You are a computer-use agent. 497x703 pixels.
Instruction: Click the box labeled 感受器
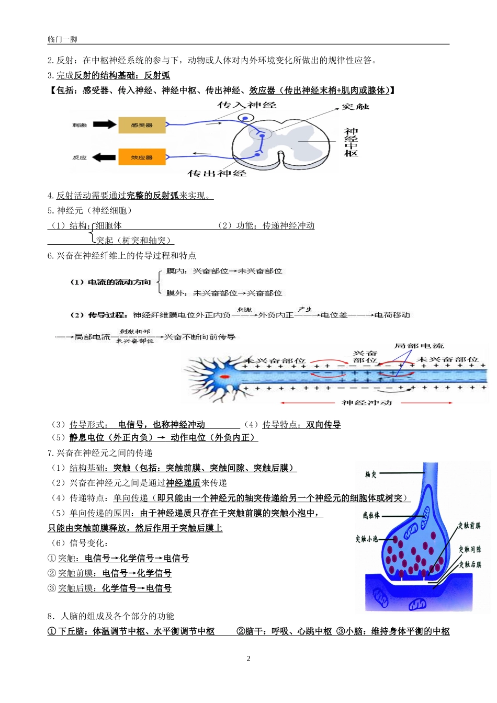coord(142,126)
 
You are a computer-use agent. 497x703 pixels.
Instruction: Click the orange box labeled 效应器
coord(142,157)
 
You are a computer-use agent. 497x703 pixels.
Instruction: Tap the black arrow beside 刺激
coord(105,124)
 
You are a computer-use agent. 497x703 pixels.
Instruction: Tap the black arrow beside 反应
coord(105,157)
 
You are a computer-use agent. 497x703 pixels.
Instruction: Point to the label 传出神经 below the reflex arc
coord(217,173)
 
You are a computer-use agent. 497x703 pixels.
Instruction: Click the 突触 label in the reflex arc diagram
coord(355,107)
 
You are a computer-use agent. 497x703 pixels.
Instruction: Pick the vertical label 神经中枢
coord(351,142)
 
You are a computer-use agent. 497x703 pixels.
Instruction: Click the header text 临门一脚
coord(62,39)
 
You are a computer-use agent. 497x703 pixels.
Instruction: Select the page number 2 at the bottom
coord(249,659)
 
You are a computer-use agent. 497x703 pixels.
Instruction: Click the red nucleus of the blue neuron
coord(225,377)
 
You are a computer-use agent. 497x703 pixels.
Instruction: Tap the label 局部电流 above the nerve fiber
coord(419,346)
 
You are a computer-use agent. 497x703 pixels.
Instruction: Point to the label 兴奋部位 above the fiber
coord(365,357)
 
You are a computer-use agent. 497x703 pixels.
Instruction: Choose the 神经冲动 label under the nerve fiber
coord(367,403)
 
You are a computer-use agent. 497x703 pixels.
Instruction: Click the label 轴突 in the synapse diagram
coord(371,475)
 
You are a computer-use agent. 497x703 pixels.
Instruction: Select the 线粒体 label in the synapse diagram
coord(371,516)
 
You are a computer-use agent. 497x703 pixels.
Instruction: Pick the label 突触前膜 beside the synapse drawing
coord(469,526)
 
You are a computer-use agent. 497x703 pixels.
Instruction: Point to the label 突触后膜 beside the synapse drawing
coord(470,564)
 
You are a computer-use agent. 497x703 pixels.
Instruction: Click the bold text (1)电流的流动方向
coord(110,282)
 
